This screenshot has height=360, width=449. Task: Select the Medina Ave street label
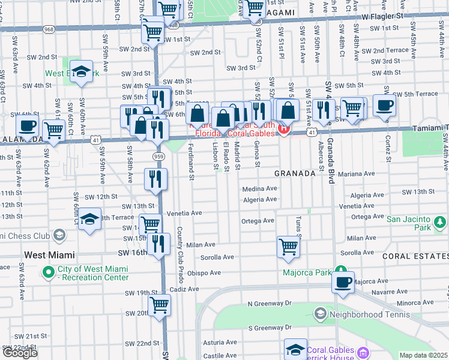tap(259, 188)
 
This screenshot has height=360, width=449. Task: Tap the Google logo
tap(20, 353)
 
